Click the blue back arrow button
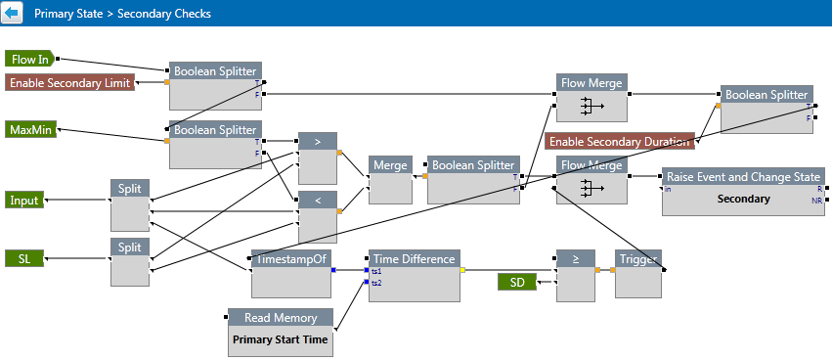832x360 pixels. [12, 13]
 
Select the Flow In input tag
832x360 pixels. [29, 60]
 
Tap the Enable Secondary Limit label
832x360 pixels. [70, 83]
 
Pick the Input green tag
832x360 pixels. [24, 201]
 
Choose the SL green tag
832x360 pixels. [24, 258]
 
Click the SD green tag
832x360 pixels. [517, 283]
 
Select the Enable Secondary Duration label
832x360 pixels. [619, 141]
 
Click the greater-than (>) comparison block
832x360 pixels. [318, 157]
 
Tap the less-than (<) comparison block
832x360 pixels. [318, 216]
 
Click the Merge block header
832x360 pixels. [390, 164]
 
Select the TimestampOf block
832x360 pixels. [290, 274]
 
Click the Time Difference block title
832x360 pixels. [414, 258]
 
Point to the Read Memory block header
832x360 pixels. [281, 318]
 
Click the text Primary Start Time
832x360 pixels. [281, 339]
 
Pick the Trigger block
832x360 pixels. [638, 274]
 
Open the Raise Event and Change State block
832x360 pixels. [743, 192]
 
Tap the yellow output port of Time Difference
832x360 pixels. [462, 270]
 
